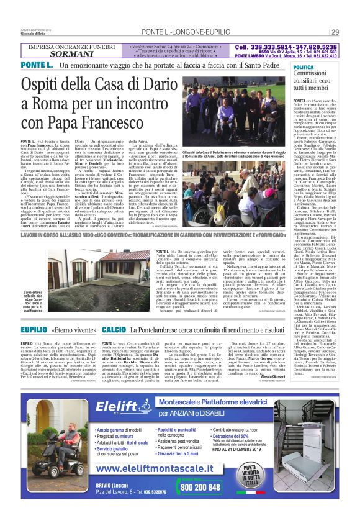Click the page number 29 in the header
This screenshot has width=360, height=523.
coord(335,32)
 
